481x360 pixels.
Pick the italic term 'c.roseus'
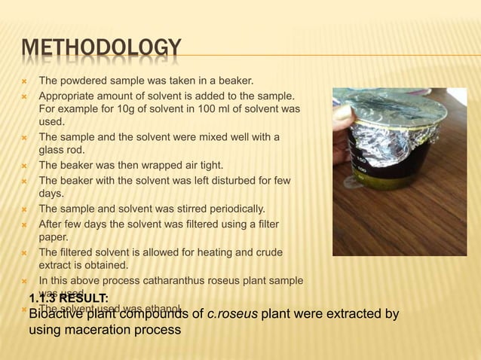232,314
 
